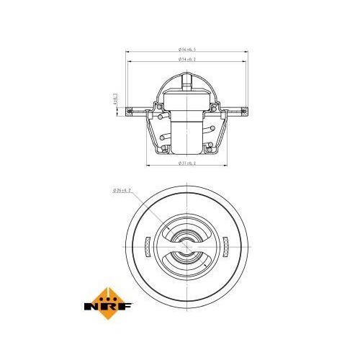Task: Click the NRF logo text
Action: pyautogui.click(x=109, y=308)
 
